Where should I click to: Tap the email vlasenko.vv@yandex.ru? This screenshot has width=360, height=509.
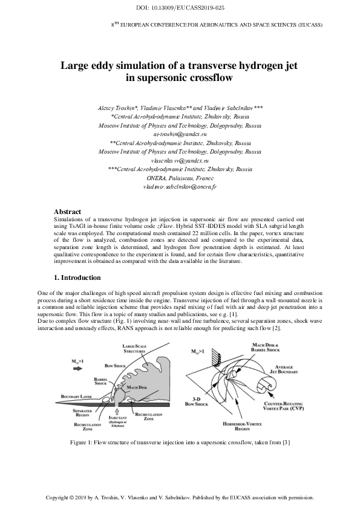[x=180, y=161]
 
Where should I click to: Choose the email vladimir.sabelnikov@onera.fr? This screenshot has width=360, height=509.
[x=180, y=188]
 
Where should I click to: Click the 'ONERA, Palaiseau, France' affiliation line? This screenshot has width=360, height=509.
[x=180, y=179]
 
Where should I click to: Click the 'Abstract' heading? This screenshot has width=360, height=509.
[x=68, y=212]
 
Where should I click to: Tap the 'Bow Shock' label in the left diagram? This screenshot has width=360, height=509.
[x=114, y=366]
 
